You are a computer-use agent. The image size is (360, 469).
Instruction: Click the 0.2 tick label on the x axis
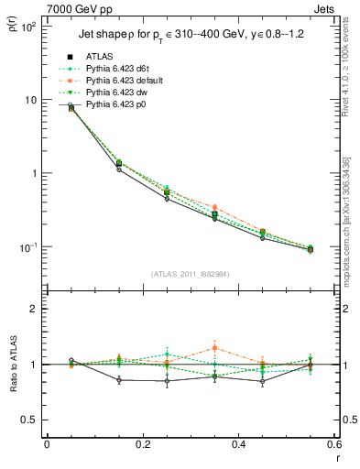click(142, 443)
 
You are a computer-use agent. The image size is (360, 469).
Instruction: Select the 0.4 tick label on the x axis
click(238, 443)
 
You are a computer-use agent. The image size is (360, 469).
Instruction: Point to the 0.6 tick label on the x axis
click(333, 443)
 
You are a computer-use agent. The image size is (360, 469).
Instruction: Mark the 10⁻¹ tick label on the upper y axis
click(28, 247)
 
